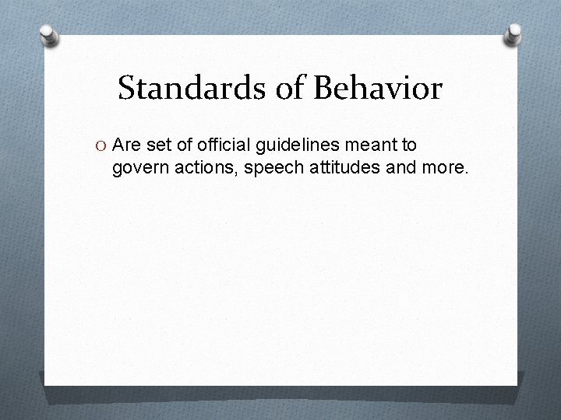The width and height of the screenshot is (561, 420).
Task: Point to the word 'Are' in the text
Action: click(x=126, y=145)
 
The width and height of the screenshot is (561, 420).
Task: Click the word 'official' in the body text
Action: click(x=221, y=145)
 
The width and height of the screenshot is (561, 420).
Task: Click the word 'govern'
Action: click(x=137, y=166)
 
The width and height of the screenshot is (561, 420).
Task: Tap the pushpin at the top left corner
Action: click(x=49, y=36)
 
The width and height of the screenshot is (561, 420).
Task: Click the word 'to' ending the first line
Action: click(x=409, y=145)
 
